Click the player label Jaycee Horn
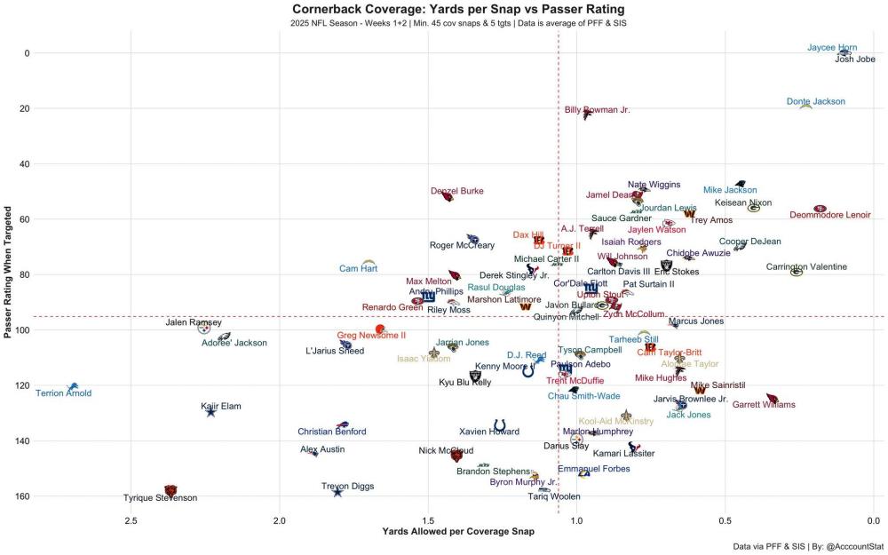[x=832, y=48]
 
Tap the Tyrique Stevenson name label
[x=160, y=498]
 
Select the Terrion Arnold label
[x=63, y=393]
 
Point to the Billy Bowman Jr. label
[x=597, y=110]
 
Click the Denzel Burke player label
[x=456, y=191]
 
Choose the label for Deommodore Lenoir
[x=830, y=215]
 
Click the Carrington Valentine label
[x=806, y=266]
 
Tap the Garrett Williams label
[x=763, y=405]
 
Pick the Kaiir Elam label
[x=221, y=406]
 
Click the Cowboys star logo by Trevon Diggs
[x=337, y=492]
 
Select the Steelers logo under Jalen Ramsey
[x=204, y=329]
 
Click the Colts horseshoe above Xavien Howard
[x=500, y=425]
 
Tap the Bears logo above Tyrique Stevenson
[x=170, y=489]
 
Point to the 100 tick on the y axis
[x=22, y=330]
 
